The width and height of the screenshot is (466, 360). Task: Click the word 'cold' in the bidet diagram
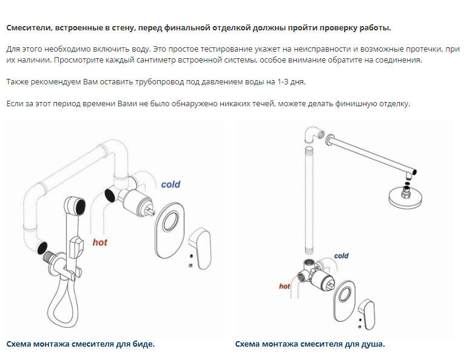tap(171, 185)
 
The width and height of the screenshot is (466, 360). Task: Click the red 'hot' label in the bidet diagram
tap(100, 242)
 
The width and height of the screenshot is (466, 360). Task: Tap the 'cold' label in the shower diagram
tap(342, 256)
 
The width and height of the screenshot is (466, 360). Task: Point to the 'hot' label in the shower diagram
tap(285, 286)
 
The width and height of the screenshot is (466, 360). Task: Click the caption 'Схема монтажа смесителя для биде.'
tap(81, 344)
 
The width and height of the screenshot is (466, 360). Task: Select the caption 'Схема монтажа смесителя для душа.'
tap(310, 344)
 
